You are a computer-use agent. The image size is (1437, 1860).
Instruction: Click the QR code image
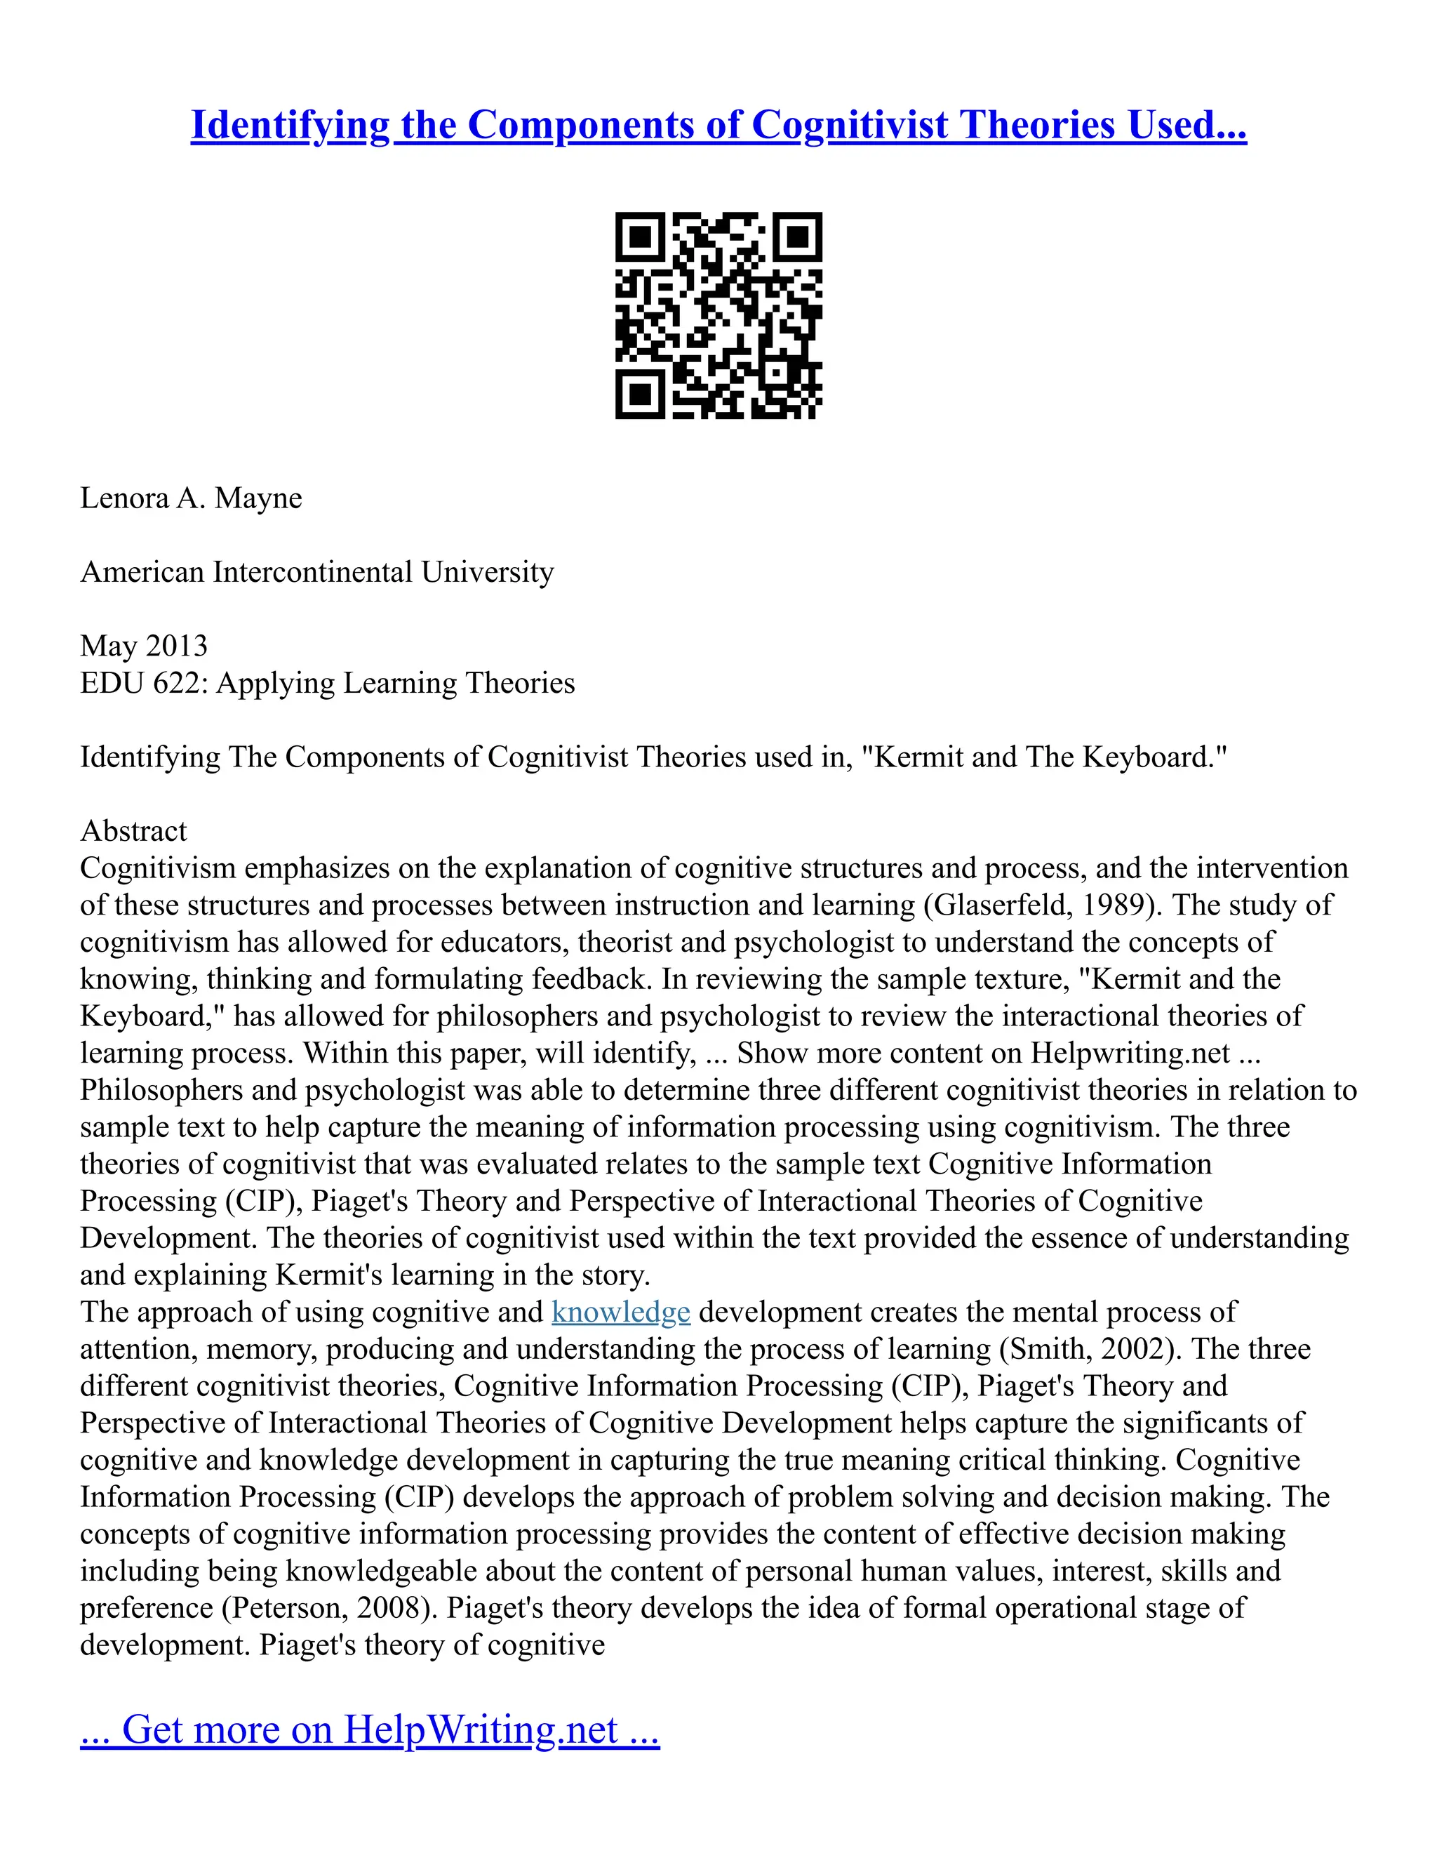coord(718,315)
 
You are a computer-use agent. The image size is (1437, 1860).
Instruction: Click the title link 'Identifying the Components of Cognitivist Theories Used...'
coord(718,124)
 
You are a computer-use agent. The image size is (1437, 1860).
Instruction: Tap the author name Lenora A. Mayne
coord(191,498)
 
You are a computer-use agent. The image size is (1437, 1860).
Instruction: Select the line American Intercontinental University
coord(316,571)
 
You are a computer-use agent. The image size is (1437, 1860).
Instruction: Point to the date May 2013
coord(144,646)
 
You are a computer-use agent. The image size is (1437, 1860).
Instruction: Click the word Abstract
coord(133,830)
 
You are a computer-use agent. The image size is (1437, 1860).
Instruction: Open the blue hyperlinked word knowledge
coord(620,1312)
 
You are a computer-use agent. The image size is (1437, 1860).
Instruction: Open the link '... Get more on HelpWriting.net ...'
coord(370,1729)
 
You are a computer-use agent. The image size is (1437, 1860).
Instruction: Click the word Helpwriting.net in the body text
coord(1130,1053)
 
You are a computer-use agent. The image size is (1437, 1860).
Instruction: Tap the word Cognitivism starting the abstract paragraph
coord(157,868)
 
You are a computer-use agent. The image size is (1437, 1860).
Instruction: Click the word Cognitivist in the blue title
coord(849,124)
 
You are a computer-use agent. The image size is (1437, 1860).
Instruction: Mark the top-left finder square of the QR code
coord(639,236)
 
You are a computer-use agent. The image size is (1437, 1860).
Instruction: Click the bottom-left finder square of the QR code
coord(639,394)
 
